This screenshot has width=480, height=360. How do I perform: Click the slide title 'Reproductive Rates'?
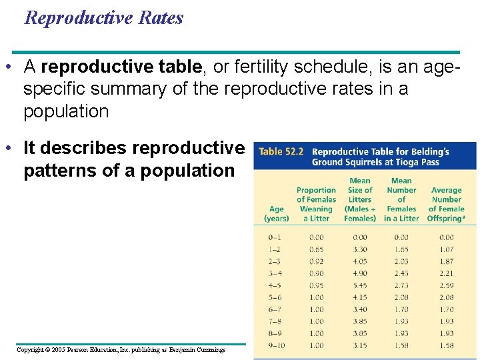coord(103,18)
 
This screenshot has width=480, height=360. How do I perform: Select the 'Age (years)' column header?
coord(277,213)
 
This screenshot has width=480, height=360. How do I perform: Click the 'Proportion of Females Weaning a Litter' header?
coord(316,204)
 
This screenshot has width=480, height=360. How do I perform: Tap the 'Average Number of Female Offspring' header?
coord(447,204)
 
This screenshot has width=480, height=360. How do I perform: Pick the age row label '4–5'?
coord(275,285)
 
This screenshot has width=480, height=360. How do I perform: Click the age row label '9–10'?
coord(275,345)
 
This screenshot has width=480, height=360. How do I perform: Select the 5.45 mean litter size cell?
coord(360,285)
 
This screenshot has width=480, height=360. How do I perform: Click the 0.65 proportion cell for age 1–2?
coord(316,249)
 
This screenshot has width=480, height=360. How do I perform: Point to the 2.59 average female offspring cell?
coord(447,285)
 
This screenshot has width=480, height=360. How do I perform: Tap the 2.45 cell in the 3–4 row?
coord(401,273)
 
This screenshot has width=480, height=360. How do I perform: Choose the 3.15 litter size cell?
coord(360,345)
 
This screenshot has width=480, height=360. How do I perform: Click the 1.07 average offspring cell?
coord(447,249)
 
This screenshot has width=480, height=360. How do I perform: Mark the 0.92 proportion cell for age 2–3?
coord(316,261)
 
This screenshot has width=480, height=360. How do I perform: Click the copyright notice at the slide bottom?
coord(121,349)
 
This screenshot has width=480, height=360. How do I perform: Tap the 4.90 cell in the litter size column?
coord(360,273)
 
